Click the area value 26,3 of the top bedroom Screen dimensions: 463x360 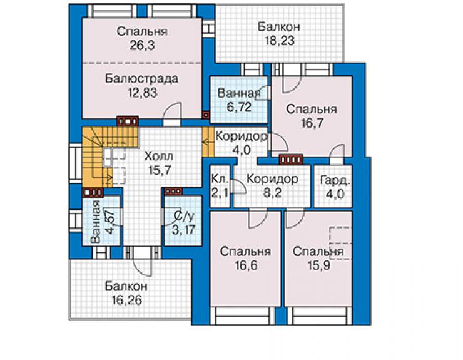point(142,45)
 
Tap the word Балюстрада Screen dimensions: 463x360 point(142,79)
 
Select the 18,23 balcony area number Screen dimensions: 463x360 point(278,41)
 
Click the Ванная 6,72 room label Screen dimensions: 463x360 point(239,100)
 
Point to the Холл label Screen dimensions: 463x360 point(159,156)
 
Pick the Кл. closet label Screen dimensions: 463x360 point(220,179)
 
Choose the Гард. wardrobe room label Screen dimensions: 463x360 point(335,180)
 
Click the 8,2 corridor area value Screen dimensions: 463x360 point(272,193)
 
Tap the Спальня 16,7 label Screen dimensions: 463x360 point(312,116)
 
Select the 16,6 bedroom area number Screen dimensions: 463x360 point(246,265)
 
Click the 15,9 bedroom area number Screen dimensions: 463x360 point(318,265)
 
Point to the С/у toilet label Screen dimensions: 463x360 point(183,217)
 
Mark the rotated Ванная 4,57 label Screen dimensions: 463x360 point(101,222)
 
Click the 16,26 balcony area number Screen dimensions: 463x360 point(126,301)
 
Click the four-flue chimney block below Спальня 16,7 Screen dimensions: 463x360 point(291,160)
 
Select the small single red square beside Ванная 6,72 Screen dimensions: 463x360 point(206,115)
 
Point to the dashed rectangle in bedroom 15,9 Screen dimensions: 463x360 point(341,244)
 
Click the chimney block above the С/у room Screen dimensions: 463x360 point(173,192)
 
